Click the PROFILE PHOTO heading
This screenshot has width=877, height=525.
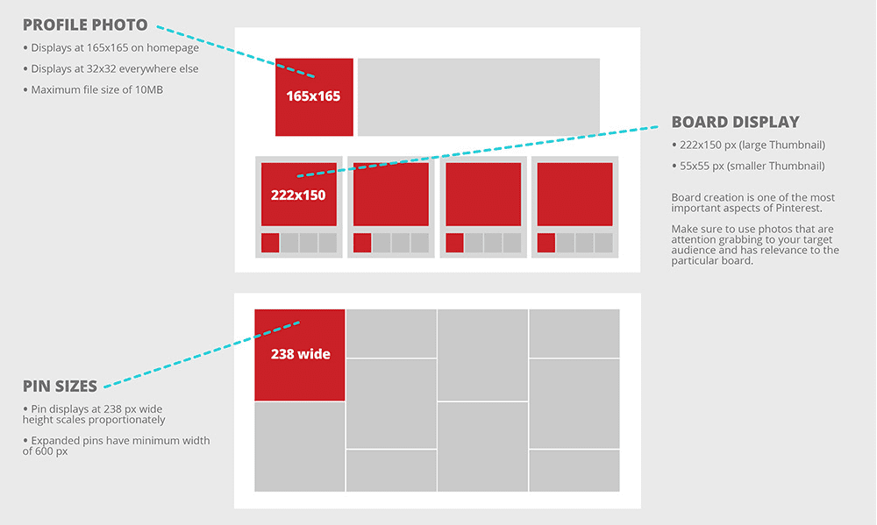pyautogui.click(x=84, y=25)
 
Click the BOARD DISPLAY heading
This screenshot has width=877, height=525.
pyautogui.click(x=735, y=122)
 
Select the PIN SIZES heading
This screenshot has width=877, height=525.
pyautogui.click(x=61, y=385)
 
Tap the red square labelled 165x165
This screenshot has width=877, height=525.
pyautogui.click(x=314, y=96)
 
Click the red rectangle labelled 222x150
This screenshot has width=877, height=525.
pyautogui.click(x=298, y=194)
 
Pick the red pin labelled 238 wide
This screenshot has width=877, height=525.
pyautogui.click(x=299, y=354)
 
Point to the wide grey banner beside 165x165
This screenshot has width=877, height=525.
pyautogui.click(x=478, y=96)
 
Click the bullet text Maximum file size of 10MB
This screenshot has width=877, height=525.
pyautogui.click(x=96, y=89)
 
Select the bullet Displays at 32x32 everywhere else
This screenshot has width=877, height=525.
pyautogui.click(x=114, y=68)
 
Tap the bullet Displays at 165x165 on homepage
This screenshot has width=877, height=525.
pyautogui.click(x=114, y=47)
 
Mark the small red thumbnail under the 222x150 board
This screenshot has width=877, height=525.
pyautogui.click(x=270, y=243)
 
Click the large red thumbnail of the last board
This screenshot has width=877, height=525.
pyautogui.click(x=574, y=194)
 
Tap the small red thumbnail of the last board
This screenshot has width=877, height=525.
pyautogui.click(x=545, y=243)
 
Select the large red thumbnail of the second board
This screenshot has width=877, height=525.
pyautogui.click(x=390, y=194)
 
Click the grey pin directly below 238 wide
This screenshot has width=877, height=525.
pyautogui.click(x=299, y=446)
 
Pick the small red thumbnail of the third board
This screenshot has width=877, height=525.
pyautogui.click(x=454, y=243)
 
